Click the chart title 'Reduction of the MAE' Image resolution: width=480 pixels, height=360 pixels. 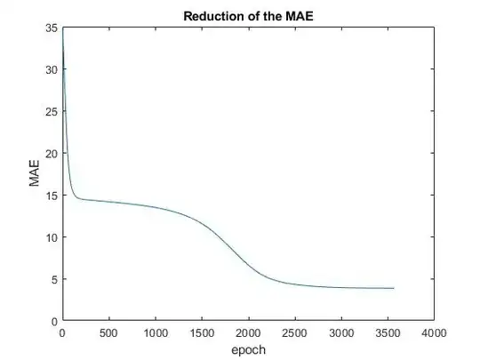click(x=248, y=16)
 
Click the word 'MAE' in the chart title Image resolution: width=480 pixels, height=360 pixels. click(x=300, y=16)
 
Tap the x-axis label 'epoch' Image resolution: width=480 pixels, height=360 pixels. click(x=248, y=350)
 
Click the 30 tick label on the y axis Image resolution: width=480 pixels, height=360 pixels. click(x=52, y=69)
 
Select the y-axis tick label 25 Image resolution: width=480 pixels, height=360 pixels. click(x=52, y=111)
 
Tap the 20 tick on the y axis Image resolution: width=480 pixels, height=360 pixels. click(x=52, y=153)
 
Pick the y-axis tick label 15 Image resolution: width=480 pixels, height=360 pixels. click(x=52, y=196)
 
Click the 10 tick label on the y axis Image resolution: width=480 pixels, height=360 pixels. click(x=52, y=237)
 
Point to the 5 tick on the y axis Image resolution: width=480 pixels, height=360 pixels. click(x=55, y=279)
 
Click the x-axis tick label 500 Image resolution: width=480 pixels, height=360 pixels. click(x=108, y=333)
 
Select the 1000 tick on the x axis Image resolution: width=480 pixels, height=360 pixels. click(x=155, y=333)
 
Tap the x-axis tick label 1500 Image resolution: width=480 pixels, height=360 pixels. click(x=202, y=333)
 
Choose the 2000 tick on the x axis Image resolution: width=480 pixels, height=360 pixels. click(x=248, y=333)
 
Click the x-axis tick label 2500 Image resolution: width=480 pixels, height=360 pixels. click(x=294, y=333)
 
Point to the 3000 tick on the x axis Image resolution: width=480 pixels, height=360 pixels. click(x=341, y=333)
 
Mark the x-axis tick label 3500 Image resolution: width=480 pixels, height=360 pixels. click(x=388, y=333)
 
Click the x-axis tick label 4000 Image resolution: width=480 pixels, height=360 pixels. click(x=434, y=333)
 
